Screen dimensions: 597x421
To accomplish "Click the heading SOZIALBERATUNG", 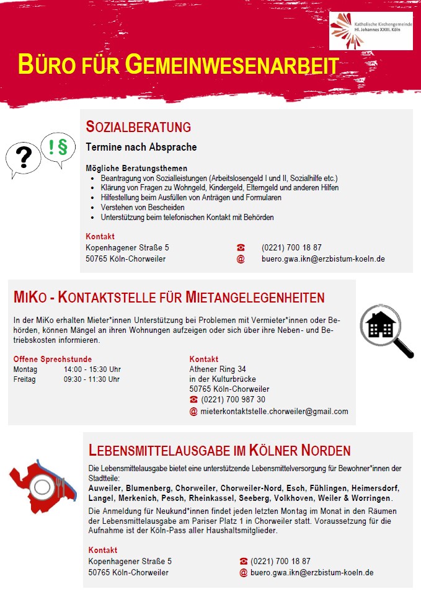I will (138, 127).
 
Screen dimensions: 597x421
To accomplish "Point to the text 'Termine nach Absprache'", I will (141, 148).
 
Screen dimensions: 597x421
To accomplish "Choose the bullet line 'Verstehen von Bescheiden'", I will (142, 207).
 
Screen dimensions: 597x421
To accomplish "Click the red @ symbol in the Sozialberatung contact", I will (241, 259).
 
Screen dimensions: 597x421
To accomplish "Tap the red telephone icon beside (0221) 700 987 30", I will (193, 399).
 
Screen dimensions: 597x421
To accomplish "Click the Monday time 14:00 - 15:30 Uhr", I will (92, 369).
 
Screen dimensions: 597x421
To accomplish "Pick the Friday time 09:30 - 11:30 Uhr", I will (92, 379).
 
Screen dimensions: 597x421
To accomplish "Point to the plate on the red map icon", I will (43, 488).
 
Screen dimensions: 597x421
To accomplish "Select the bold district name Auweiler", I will (105, 488).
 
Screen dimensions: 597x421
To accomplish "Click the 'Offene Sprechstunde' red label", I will (53, 360).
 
